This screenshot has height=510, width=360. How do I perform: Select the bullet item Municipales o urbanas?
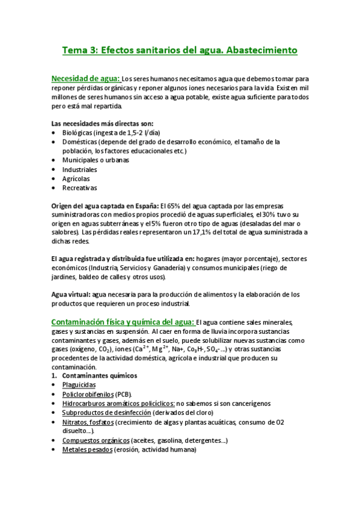(x=96, y=161)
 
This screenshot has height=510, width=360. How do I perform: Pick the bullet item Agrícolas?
(x=76, y=179)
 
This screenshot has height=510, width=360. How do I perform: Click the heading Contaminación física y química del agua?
(x=122, y=322)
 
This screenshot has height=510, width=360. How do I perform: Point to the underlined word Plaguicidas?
(x=79, y=385)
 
